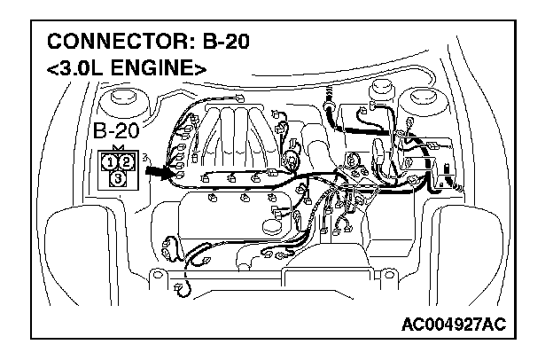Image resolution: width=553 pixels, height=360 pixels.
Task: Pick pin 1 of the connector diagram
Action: coord(108,161)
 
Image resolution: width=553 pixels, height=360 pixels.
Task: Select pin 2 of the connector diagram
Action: coord(127,161)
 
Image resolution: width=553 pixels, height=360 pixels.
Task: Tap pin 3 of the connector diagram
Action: coord(118,178)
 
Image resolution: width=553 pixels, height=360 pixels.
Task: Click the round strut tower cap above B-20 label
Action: coord(118,98)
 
